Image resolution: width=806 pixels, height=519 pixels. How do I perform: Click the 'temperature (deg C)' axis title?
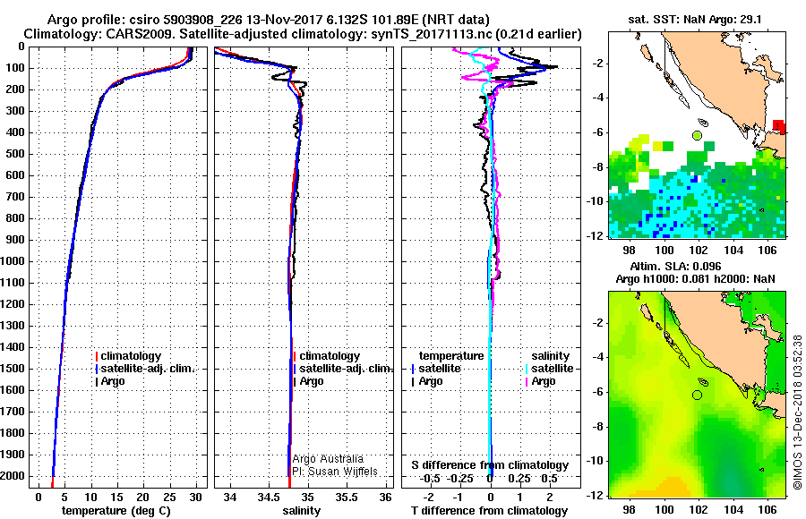116,510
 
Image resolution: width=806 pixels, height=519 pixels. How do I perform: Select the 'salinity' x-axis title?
299,510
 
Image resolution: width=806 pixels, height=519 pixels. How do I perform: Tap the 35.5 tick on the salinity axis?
347,496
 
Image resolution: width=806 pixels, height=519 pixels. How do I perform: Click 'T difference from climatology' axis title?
489,510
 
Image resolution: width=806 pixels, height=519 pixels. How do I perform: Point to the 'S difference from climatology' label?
489,465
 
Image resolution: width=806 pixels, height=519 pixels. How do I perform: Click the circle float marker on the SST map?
697,135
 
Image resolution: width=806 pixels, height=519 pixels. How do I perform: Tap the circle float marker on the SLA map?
697,395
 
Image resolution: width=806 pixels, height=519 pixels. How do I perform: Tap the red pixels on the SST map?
779,125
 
